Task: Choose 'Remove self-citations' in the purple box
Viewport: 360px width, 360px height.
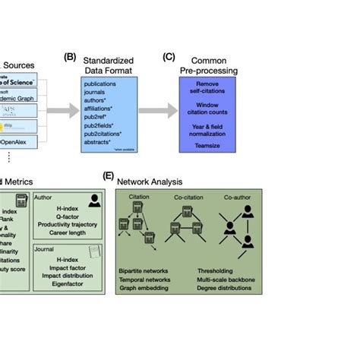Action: coord(207,88)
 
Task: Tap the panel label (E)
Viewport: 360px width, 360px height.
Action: coord(109,175)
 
